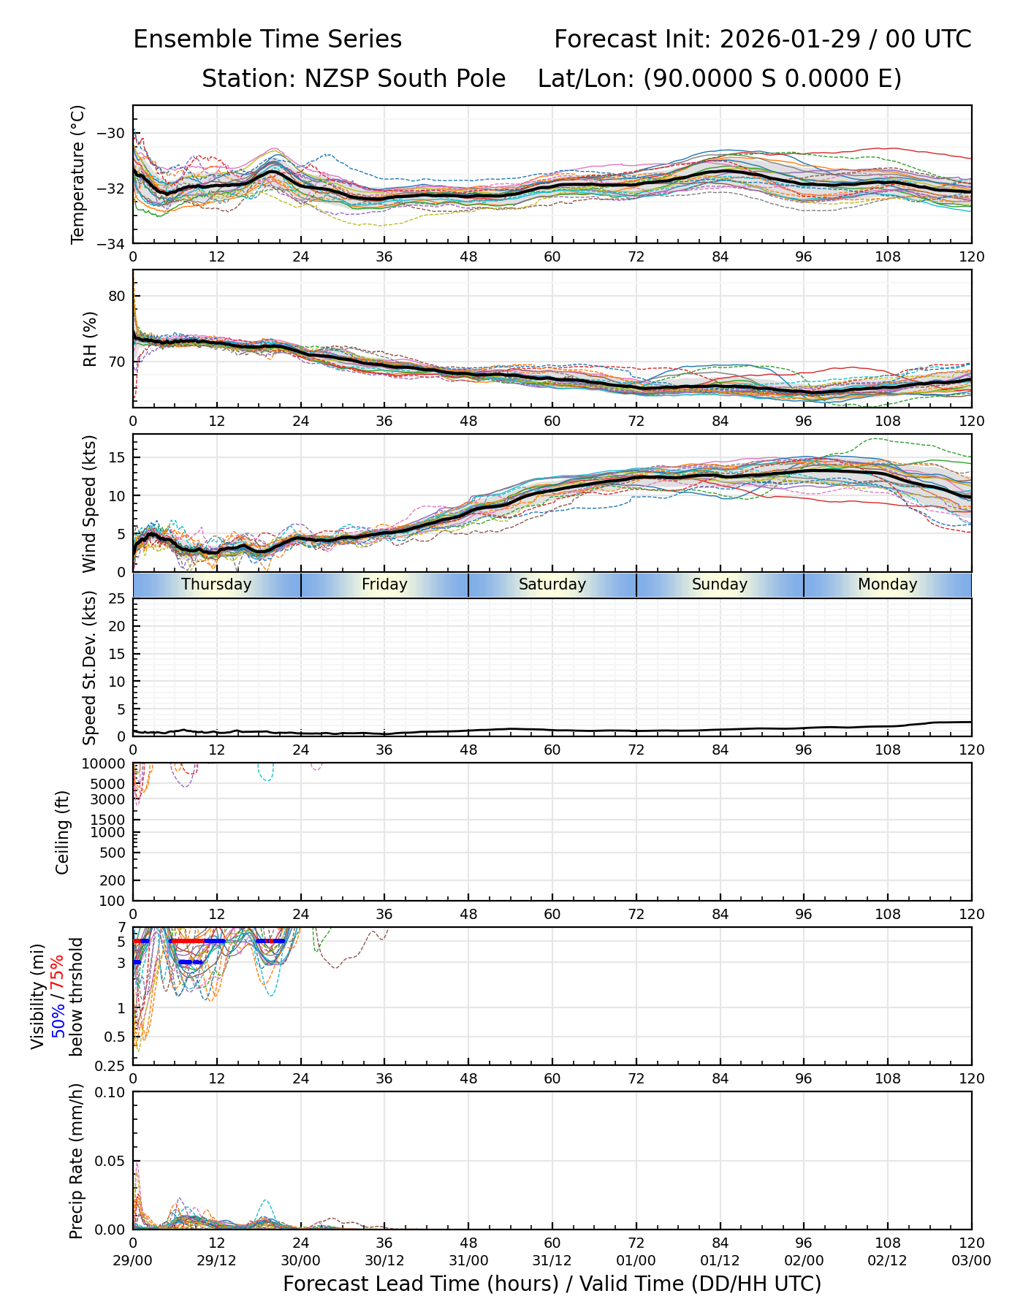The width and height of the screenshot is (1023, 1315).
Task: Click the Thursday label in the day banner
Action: point(216,584)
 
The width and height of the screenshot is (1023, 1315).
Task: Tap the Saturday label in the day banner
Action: point(552,584)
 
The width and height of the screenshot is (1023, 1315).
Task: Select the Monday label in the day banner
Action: point(887,584)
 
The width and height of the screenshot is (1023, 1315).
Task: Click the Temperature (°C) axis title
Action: point(78,174)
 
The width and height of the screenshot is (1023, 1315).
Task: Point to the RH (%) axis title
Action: point(90,338)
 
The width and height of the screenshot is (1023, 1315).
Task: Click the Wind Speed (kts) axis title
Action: point(90,503)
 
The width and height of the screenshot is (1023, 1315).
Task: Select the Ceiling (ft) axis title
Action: point(63,832)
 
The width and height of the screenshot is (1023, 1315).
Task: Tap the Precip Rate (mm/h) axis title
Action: point(76,1161)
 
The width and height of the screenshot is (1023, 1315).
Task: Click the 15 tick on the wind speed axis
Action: point(116,457)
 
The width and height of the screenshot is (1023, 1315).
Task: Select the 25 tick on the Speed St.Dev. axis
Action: point(116,599)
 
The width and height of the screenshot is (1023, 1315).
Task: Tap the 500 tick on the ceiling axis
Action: point(113,853)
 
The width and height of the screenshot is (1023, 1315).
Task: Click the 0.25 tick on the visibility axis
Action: point(111,1065)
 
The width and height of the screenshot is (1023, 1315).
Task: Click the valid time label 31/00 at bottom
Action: point(468,1260)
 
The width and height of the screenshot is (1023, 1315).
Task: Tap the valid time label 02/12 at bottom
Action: point(887,1260)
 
